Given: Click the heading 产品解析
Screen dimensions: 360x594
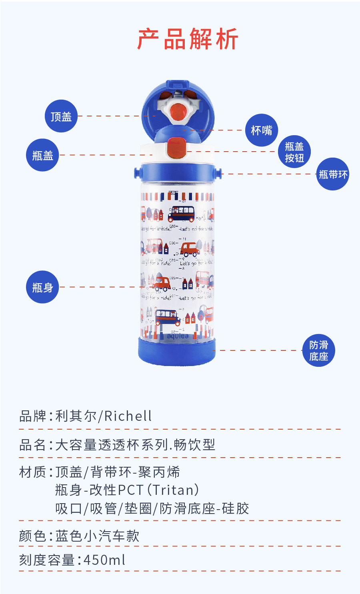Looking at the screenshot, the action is [x=188, y=39].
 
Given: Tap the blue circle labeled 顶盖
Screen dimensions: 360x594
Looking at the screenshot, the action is [x=61, y=116].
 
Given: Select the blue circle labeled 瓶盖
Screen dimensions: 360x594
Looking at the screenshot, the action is [x=42, y=155].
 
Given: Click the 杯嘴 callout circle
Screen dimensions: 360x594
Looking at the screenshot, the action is [x=261, y=130].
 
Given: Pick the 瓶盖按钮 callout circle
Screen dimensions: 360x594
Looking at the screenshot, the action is [x=294, y=152].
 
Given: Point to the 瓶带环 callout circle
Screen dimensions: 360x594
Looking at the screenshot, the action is [x=333, y=174].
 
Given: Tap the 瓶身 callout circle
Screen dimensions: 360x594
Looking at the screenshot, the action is [x=42, y=287].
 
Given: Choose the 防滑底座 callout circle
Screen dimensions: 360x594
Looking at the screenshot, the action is [x=318, y=350].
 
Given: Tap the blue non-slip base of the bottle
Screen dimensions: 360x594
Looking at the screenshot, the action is [x=177, y=352].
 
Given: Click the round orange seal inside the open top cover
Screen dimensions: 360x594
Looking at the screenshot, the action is [x=178, y=111].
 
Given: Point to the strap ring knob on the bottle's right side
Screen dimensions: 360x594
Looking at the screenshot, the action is [x=218, y=173].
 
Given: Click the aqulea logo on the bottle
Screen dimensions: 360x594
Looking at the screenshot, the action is [x=178, y=336].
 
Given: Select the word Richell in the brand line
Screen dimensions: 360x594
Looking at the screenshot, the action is [x=128, y=416].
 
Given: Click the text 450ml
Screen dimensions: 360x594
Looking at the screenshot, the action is [x=104, y=560].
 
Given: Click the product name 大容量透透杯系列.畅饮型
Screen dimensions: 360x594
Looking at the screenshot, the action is [x=135, y=444].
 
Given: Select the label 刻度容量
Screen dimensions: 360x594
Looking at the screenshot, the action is [x=47, y=560].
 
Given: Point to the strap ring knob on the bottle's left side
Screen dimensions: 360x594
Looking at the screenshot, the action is [x=137, y=173].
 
